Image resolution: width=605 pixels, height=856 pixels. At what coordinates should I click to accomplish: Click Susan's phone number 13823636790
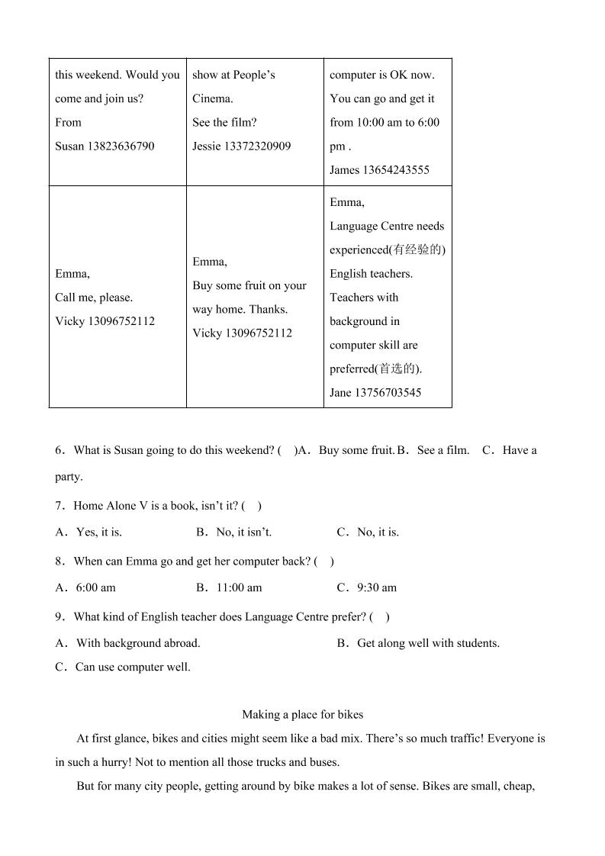[121, 146]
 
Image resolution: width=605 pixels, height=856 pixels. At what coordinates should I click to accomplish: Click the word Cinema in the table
[212, 98]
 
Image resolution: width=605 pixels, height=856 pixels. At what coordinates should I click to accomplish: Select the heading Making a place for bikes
[302, 715]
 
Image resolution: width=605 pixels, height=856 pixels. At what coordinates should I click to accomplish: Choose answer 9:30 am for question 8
[376, 587]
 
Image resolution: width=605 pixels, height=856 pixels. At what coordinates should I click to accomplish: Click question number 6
[59, 450]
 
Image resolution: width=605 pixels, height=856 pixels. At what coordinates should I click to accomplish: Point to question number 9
[59, 616]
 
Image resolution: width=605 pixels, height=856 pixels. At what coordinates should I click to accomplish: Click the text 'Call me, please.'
[94, 298]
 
